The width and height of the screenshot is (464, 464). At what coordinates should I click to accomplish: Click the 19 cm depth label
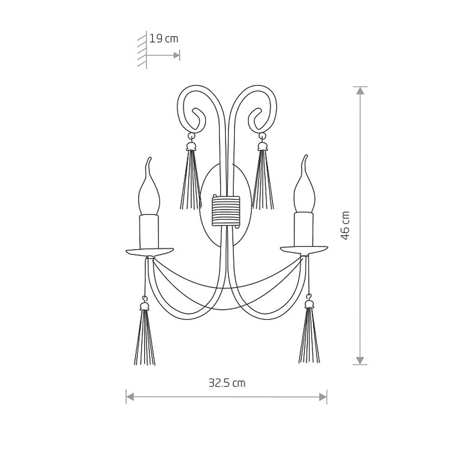(x=164, y=39)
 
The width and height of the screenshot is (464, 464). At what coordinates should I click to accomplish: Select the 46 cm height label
(x=345, y=226)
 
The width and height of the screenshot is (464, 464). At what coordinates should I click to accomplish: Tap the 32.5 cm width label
(x=227, y=383)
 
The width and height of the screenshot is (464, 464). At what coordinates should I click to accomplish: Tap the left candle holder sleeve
(x=149, y=232)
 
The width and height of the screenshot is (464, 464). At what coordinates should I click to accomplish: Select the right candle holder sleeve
(x=304, y=229)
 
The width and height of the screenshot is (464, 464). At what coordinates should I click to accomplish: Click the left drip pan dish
(x=150, y=252)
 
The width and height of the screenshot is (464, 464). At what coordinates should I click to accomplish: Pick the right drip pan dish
(x=304, y=249)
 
